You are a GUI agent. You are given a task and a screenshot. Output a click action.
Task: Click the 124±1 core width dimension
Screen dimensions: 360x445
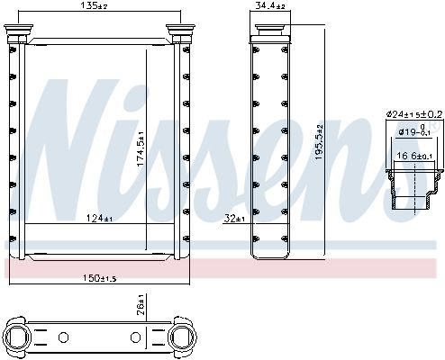99,218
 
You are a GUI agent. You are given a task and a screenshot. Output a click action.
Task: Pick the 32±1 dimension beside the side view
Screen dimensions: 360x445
233,218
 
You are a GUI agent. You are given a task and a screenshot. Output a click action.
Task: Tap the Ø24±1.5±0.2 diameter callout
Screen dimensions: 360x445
411,113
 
